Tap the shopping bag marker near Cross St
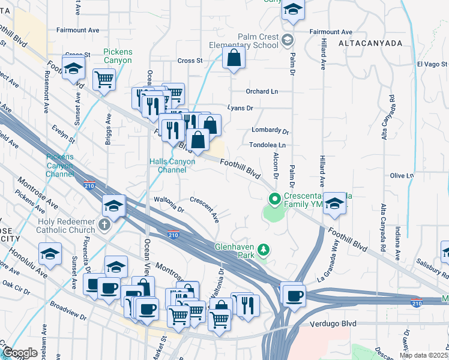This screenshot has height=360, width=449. click(234, 59)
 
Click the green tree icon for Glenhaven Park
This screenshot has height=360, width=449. click(262, 249)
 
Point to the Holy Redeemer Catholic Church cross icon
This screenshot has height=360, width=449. click(104, 224)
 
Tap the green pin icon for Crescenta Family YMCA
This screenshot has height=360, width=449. click(275, 198)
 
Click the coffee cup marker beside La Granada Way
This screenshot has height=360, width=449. click(294, 295)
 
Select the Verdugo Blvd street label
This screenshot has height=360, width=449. click(334, 324)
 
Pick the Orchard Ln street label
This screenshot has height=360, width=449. click(262, 92)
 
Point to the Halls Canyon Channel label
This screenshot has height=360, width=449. click(172, 166)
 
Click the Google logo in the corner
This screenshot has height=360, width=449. click(19, 353)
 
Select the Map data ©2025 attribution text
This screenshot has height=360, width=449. click(423, 355)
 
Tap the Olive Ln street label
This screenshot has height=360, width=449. click(402, 176)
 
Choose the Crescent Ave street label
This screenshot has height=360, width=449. click(205, 207)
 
